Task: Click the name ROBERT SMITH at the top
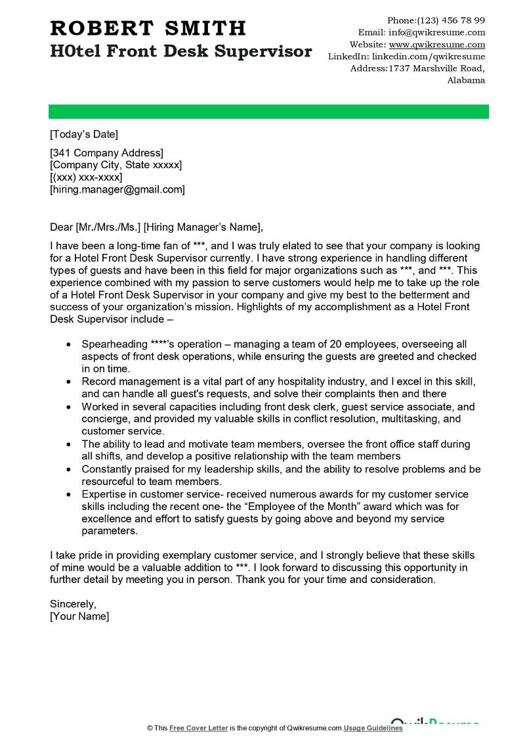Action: pyautogui.click(x=148, y=28)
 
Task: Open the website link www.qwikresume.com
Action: pyautogui.click(x=437, y=45)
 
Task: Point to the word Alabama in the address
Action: pyautogui.click(x=466, y=80)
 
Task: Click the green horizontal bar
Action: pyautogui.click(x=269, y=111)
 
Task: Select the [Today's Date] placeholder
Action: pyautogui.click(x=84, y=134)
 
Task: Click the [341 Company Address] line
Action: pyautogui.click(x=107, y=153)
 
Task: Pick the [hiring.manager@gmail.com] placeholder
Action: pyautogui.click(x=117, y=189)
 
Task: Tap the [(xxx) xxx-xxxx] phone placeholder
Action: pyautogui.click(x=86, y=177)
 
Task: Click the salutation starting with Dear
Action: pyautogui.click(x=156, y=227)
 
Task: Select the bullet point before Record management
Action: pyautogui.click(x=70, y=381)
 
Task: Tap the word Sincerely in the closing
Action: pyautogui.click(x=73, y=603)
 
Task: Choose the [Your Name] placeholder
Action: pyautogui.click(x=79, y=616)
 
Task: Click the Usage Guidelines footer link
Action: pyautogui.click(x=373, y=728)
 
